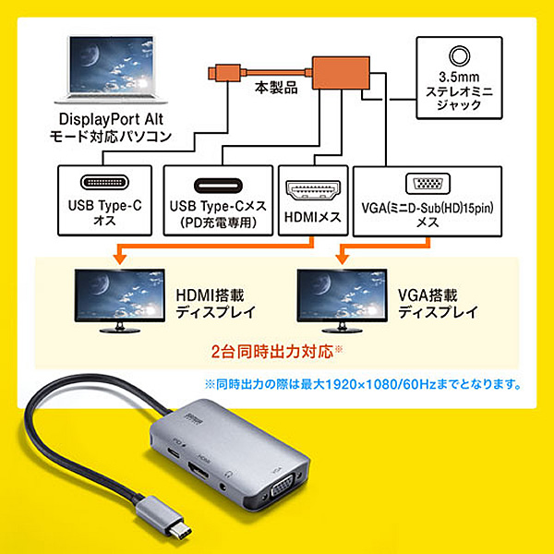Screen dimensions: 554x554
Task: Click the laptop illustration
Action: (x=111, y=69)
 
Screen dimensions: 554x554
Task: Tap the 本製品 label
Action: (x=276, y=88)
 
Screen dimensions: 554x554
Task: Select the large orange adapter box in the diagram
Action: (x=341, y=72)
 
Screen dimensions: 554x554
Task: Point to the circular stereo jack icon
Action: (x=459, y=55)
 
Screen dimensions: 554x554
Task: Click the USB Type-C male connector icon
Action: (x=104, y=182)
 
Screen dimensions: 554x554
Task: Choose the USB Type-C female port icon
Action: (x=218, y=186)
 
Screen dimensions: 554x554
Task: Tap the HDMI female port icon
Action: (x=313, y=189)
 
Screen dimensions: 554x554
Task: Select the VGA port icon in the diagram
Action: (x=428, y=184)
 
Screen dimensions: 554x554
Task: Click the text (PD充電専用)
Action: (x=218, y=223)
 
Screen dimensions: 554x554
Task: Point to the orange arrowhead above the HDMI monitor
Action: (x=120, y=259)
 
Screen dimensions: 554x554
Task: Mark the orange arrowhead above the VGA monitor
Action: (x=342, y=259)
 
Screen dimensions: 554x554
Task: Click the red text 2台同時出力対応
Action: (x=272, y=352)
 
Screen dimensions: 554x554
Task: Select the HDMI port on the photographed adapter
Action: (x=199, y=470)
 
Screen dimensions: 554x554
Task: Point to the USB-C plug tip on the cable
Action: (x=182, y=533)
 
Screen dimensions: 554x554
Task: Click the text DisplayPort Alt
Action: (x=111, y=119)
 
